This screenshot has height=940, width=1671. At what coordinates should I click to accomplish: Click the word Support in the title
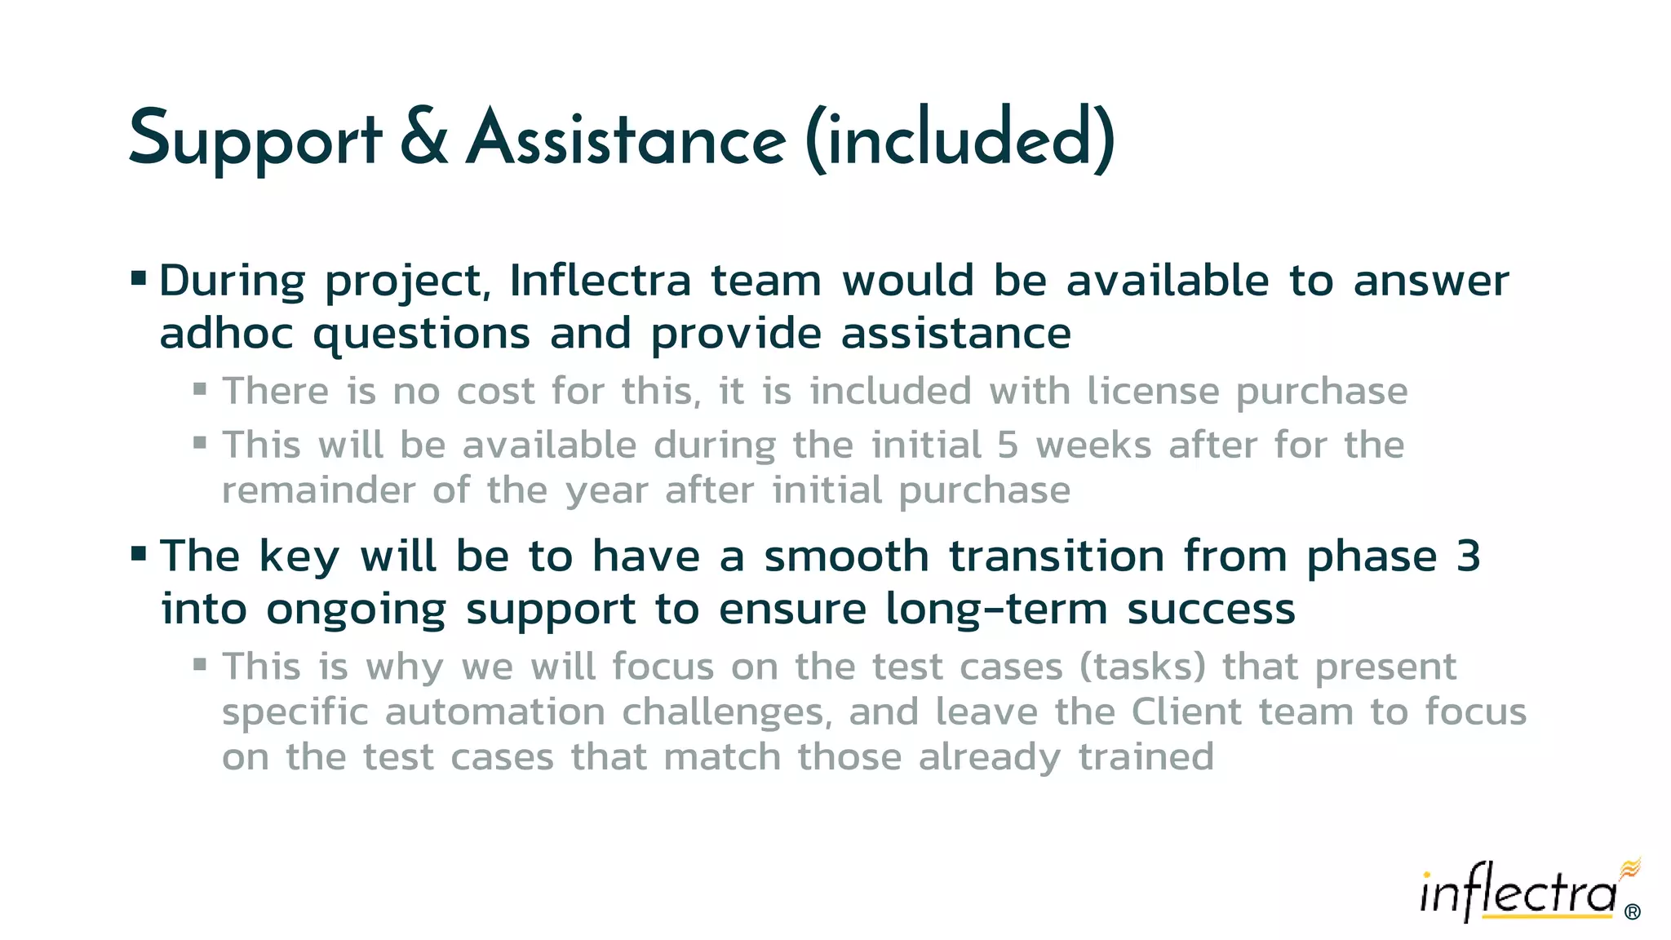coord(255,139)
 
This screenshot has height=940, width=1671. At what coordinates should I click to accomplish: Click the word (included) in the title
coord(960,139)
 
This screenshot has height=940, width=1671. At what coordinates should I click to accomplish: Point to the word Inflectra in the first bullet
coord(601,281)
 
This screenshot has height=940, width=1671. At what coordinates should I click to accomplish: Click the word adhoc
coord(226,334)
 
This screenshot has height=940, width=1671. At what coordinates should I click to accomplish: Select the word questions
coord(422,335)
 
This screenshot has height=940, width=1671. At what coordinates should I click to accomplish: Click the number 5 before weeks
coord(1008,446)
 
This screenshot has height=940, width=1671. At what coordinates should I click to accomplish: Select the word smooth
coord(846,556)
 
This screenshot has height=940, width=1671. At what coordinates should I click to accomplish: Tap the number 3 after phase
coord(1468,556)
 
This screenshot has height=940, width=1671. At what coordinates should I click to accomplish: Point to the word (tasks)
coord(1142,667)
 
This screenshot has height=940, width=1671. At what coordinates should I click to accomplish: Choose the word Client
coord(1186,712)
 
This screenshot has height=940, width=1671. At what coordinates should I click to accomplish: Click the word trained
coord(1146,757)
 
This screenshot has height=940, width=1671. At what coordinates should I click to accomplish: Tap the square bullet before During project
coord(139,279)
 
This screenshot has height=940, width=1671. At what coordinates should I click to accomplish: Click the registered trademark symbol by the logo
coord(1633,911)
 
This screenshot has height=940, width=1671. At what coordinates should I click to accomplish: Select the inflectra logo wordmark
coord(1518,893)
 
